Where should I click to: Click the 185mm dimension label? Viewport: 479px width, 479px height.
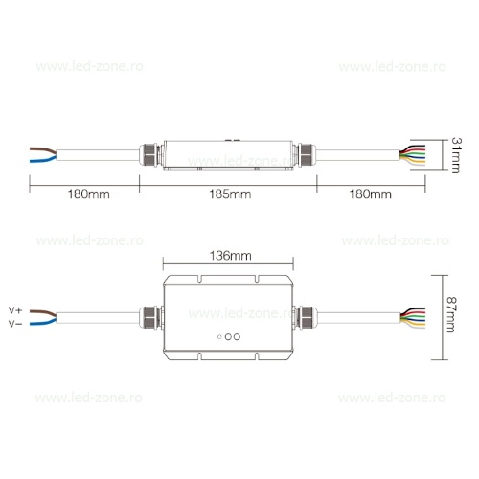coord(230,194)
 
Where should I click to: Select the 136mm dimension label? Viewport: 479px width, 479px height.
coord(230,256)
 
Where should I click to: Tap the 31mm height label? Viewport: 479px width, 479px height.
coord(456,155)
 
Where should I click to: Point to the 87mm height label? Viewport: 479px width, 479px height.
coord(451,314)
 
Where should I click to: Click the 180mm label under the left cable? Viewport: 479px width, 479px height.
coord(88,194)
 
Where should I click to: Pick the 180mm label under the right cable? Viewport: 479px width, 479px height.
coord(370,194)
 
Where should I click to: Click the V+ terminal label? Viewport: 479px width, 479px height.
coord(15,310)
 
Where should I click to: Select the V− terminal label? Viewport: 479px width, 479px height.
coord(15,324)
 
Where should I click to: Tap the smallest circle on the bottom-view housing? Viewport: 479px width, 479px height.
coord(219,336)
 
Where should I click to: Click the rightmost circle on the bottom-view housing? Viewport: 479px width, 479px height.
coord(237,336)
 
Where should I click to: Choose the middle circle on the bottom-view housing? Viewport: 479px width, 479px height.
coord(228,336)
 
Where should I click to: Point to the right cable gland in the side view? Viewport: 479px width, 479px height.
coord(306,155)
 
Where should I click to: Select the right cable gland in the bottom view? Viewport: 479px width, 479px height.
coord(305,317)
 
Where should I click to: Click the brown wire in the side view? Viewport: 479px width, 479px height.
coord(43,150)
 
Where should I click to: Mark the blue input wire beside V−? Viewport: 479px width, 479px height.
coord(43,322)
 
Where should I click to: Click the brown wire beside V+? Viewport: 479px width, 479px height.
coord(43,313)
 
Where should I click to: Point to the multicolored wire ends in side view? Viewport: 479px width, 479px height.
coord(413,155)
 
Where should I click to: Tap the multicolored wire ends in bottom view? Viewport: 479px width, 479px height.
coord(413,318)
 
